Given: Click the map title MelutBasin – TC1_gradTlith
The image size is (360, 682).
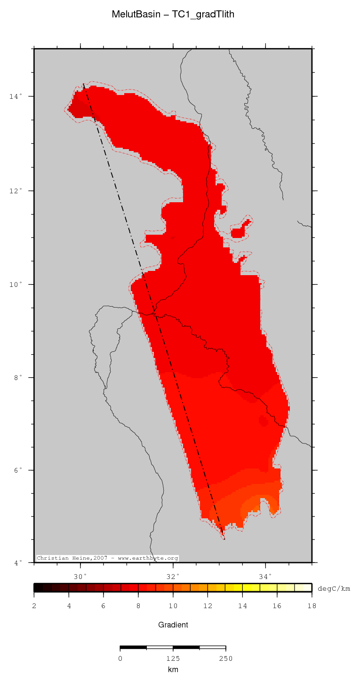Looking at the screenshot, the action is [x=173, y=15].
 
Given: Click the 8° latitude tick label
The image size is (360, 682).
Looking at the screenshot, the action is [x=17, y=378].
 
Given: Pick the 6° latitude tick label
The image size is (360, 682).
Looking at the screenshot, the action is [x=17, y=470].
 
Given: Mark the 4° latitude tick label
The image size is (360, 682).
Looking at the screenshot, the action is [x=17, y=563].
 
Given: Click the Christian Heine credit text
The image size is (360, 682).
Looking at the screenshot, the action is [x=107, y=558].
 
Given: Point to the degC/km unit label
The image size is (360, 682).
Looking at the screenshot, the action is [x=334, y=588].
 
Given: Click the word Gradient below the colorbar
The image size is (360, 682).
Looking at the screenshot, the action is [x=173, y=625].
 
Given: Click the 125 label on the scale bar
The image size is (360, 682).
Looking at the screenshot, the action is [x=173, y=658].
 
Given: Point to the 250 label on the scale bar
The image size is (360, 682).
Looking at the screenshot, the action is [x=225, y=658].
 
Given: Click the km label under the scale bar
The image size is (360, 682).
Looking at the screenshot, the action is [x=173, y=669].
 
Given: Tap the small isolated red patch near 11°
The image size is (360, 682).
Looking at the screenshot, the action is [x=239, y=230].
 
